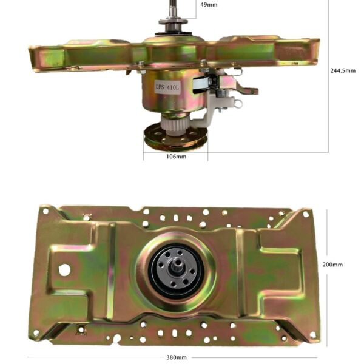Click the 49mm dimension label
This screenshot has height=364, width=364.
click(x=209, y=5)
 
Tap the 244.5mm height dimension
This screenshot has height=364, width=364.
click(x=343, y=70)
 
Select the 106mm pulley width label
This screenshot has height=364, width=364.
click(x=176, y=157)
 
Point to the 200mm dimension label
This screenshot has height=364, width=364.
click(x=332, y=265)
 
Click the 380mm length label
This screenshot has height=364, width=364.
click(x=177, y=357)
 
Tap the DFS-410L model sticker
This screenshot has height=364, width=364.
click(x=167, y=87)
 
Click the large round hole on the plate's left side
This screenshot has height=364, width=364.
click(x=64, y=270)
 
